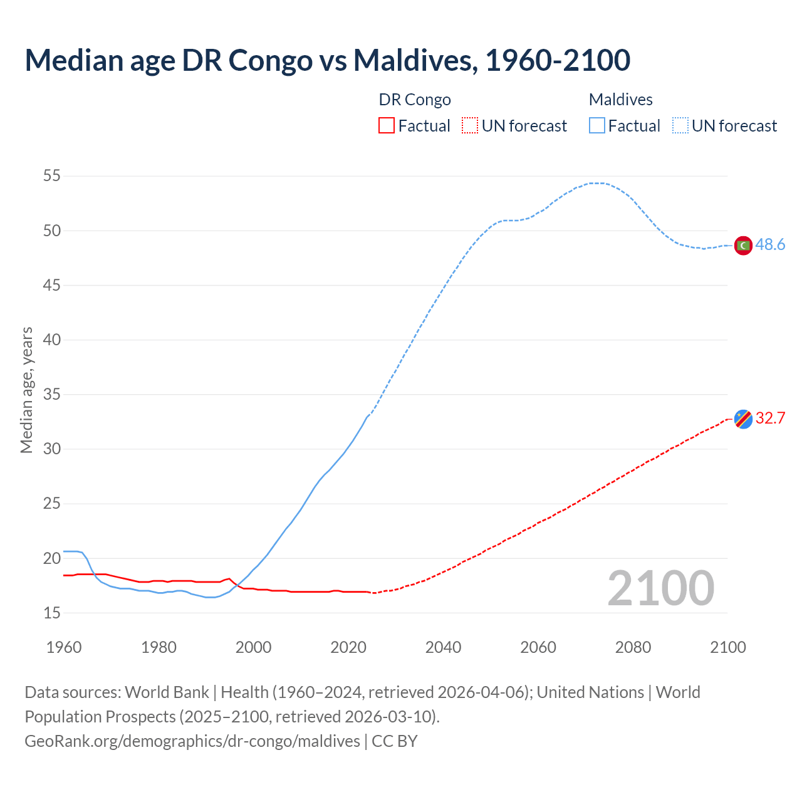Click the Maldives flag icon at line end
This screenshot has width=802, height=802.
pos(743,246)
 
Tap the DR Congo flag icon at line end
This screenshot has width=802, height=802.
pos(743,419)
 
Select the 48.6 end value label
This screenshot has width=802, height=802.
pos(770,245)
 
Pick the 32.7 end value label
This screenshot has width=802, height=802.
pos(770,418)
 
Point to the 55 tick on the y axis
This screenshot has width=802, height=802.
pos(52,176)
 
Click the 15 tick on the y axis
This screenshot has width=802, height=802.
pos(52,613)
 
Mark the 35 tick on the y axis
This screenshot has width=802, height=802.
pos(52,395)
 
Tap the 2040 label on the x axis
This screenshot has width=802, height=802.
pos(443,647)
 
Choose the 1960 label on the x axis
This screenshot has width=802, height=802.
pos(64,647)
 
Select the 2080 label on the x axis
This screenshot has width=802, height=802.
pos(633,647)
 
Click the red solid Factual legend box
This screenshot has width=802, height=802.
pos(387,126)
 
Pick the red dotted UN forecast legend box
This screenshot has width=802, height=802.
pos(470,126)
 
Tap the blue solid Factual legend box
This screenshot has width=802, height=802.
pos(597,126)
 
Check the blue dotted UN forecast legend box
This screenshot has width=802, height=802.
pos(680,126)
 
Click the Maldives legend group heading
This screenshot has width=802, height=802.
pos(620,100)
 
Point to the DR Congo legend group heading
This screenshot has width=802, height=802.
pos(415,100)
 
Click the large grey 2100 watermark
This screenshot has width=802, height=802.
pos(660,588)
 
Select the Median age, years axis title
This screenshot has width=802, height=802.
pos(26,390)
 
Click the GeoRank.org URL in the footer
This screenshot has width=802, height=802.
pos(192,741)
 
